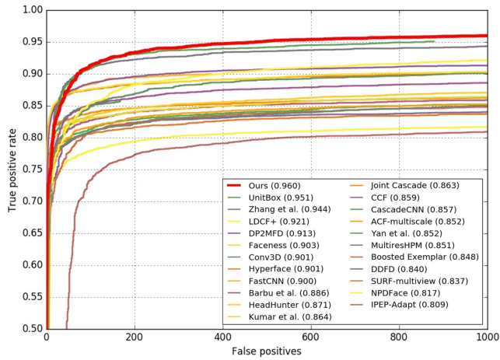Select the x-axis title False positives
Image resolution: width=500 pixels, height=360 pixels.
[267, 351]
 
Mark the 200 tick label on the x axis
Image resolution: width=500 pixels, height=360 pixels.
[135, 337]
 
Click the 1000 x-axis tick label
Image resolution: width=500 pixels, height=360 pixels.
[487, 337]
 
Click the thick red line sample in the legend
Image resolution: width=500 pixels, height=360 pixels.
[243, 186]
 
